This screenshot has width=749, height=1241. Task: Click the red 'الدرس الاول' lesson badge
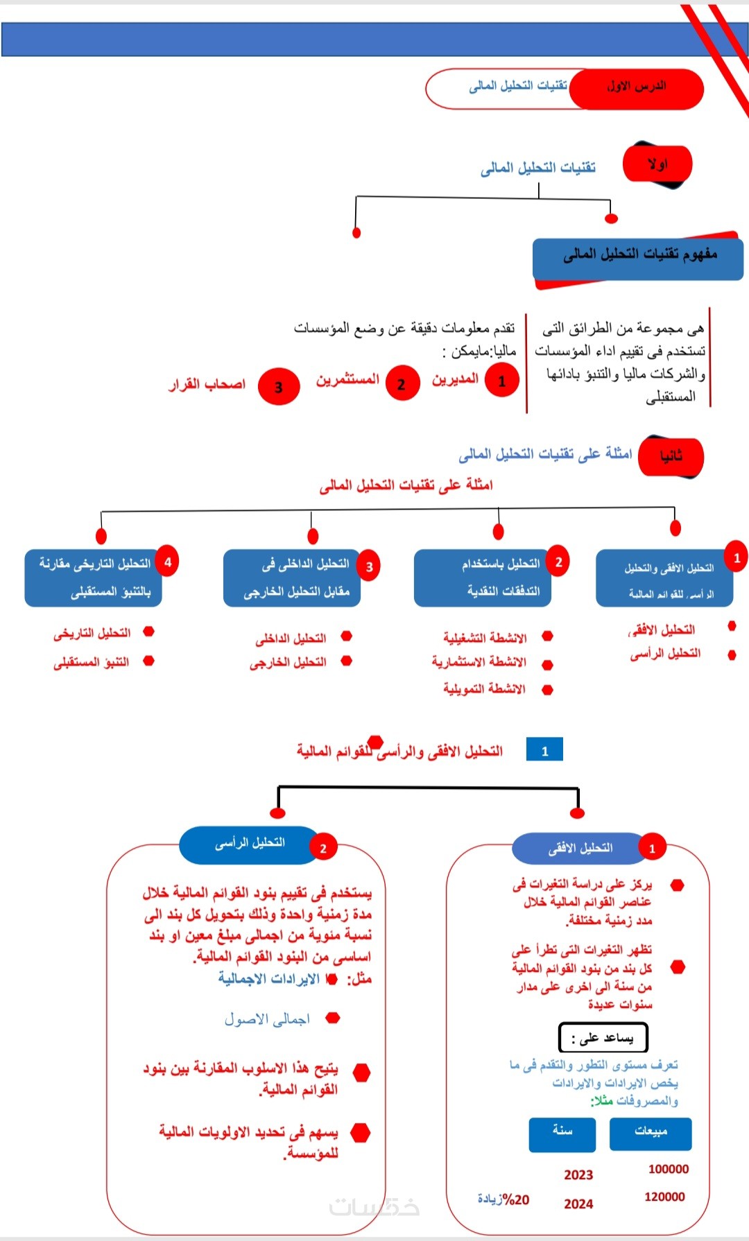pos(637,88)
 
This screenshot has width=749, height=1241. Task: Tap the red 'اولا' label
pos(657,165)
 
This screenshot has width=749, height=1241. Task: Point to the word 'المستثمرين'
pos(347,380)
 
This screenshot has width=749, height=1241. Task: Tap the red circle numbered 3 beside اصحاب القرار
pos(278,387)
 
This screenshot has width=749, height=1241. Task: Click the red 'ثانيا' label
pos(671,456)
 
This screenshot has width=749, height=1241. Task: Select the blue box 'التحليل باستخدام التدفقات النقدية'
pos(483,578)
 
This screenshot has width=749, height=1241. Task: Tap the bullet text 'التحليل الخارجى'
pos(288,663)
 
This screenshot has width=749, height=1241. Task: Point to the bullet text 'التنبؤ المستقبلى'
pos(92,663)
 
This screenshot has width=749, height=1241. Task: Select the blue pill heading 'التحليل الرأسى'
pos(248,844)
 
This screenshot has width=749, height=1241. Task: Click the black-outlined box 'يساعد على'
pos(603,1038)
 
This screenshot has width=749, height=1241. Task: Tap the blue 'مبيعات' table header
pos(650,1134)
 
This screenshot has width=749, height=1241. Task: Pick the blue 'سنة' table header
pos(562,1134)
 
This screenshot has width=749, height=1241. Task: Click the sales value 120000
pos(664,1197)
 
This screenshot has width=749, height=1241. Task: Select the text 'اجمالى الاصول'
pos(267,1019)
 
